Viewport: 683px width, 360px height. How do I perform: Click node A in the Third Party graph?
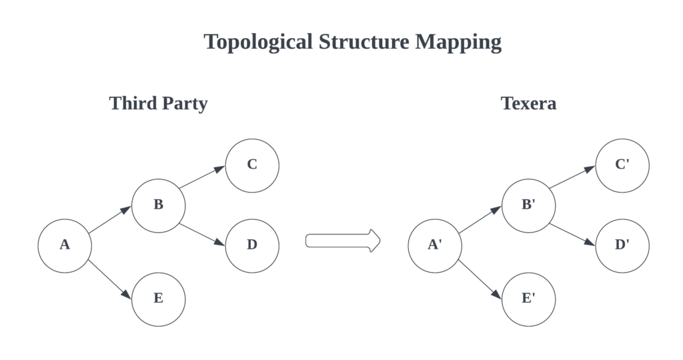[65, 246]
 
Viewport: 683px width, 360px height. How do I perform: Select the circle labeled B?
[159, 205]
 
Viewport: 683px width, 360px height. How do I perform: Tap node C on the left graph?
[252, 165]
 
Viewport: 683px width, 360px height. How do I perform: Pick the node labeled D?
[252, 246]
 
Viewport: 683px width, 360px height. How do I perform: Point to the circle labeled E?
[159, 299]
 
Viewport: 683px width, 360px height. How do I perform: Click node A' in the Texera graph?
[435, 246]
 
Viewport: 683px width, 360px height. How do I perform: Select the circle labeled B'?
[529, 205]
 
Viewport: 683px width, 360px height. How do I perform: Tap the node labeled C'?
[622, 165]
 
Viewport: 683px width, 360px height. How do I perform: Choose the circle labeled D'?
[622, 246]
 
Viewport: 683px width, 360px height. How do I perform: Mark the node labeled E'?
[529, 299]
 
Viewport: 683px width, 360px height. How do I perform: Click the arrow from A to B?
[110, 219]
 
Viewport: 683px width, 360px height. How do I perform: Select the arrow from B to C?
[202, 177]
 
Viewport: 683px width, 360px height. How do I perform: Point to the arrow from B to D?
[202, 235]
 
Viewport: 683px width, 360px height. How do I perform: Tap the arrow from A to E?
[110, 279]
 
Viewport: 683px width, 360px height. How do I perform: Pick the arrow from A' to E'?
[480, 279]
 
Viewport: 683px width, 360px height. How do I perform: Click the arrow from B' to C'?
[572, 177]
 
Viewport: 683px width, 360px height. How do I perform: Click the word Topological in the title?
[258, 43]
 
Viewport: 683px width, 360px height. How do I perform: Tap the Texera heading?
[529, 103]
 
